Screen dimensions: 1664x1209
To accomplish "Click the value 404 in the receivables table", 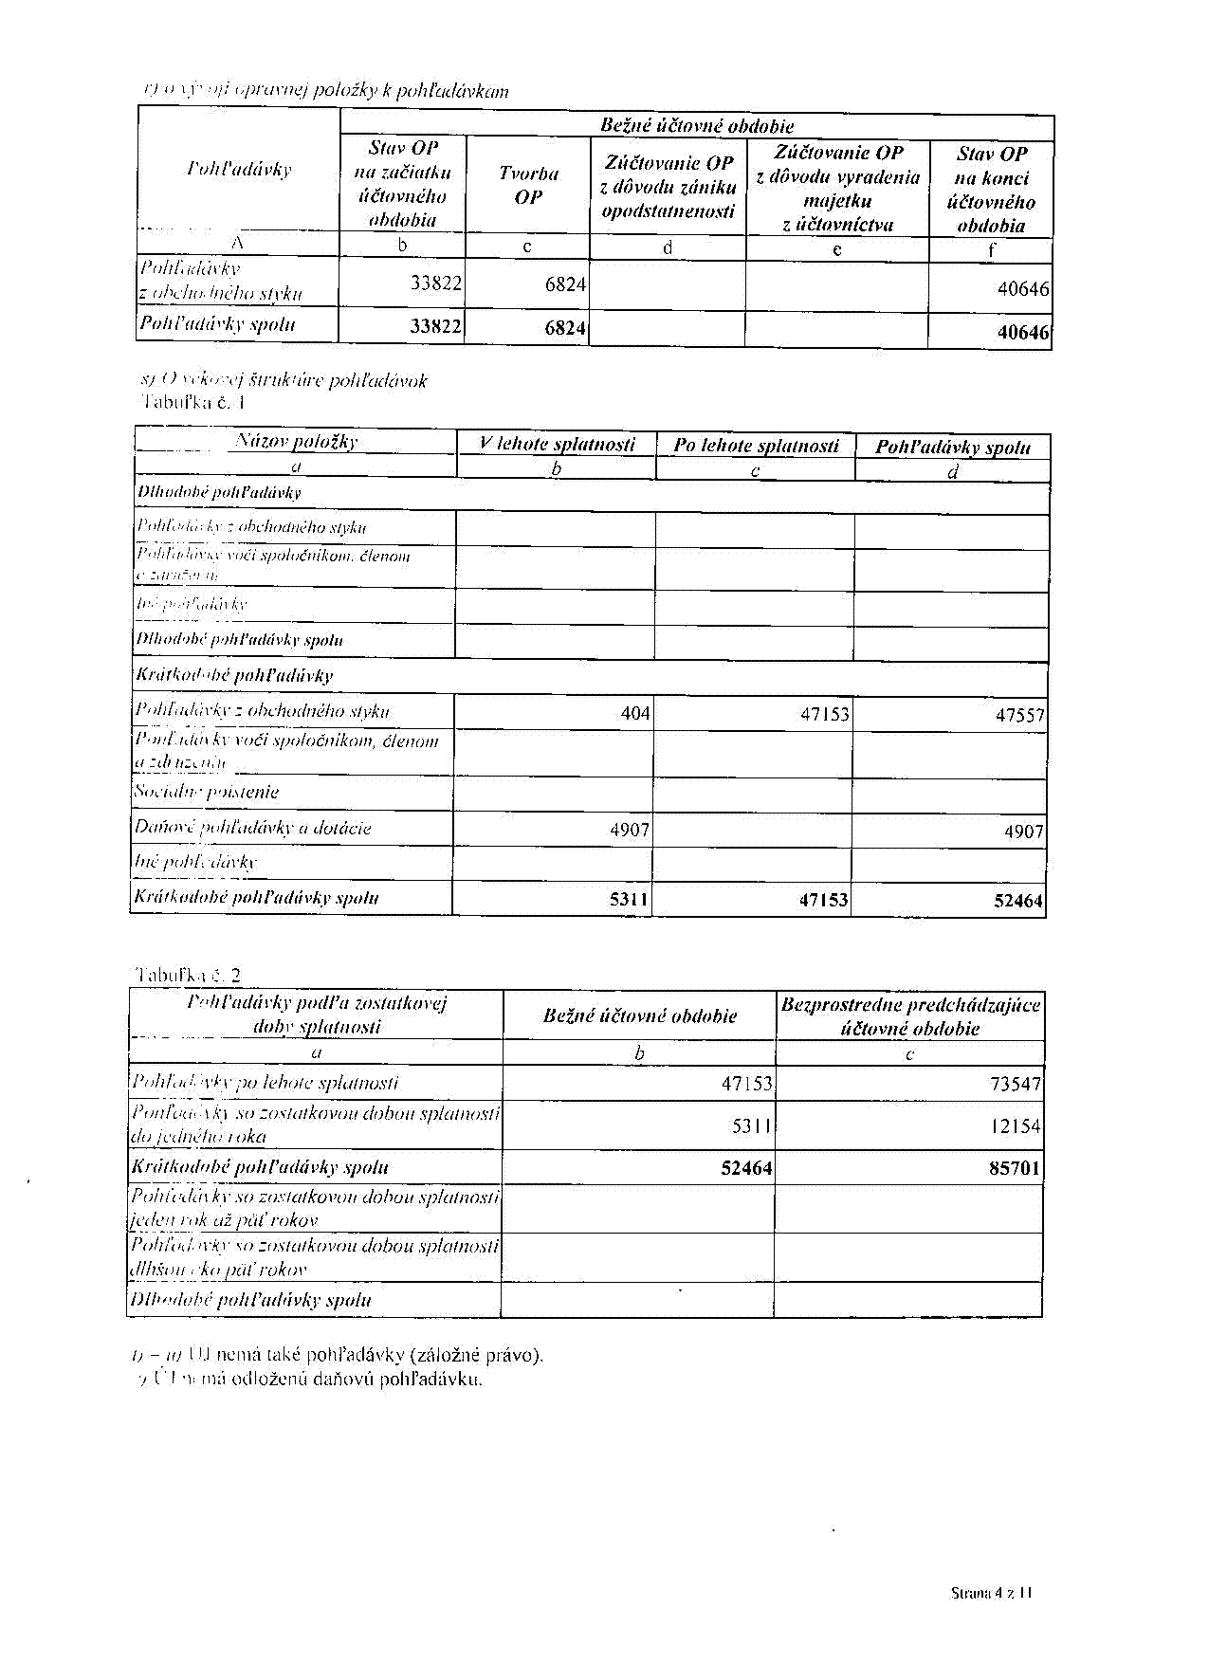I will point(634,714).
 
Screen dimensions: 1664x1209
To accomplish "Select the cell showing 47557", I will point(1019,716).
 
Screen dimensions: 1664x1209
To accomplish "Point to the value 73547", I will point(1015,1084).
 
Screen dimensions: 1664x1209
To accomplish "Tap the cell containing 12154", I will point(1015,1126).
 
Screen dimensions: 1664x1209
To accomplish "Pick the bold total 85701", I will point(1015,1168).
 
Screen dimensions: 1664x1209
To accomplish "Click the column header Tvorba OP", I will point(528,185).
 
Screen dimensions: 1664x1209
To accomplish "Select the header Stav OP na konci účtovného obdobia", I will point(991,190).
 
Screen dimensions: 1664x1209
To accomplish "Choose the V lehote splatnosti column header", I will point(557,445).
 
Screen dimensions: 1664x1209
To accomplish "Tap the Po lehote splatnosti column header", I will point(756,446).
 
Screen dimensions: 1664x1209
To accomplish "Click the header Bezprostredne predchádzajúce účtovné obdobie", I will point(910,1016).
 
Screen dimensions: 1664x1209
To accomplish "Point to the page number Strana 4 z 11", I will point(991,1594).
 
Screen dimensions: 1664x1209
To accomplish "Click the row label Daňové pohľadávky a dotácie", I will point(252,828).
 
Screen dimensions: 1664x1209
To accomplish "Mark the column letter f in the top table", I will point(991,250).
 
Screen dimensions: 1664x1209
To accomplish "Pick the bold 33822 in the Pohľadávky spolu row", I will point(435,326).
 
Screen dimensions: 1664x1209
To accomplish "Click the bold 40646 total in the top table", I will point(1023,332).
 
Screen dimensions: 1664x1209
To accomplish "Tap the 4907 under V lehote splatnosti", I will point(630,831).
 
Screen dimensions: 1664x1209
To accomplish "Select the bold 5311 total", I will point(629,899).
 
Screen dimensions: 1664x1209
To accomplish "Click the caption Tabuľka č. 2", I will point(189,975).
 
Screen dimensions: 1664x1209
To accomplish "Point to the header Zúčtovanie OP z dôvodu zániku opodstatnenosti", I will point(669,187).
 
